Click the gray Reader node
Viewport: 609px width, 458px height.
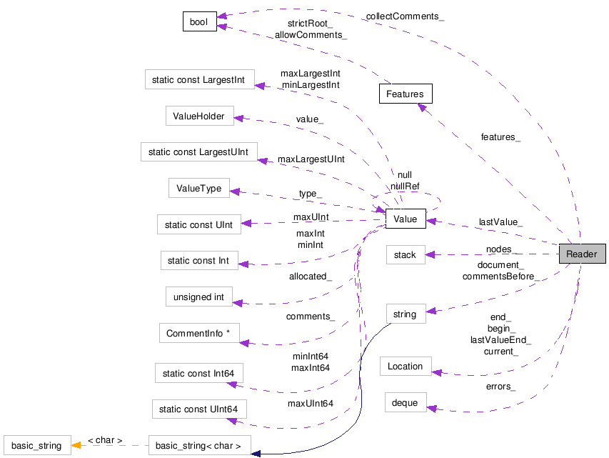[x=582, y=254]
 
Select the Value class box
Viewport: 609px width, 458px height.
[x=405, y=220]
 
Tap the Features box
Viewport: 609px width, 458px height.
[x=405, y=94]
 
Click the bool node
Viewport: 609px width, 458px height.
[x=198, y=22]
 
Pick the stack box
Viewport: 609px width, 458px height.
[x=405, y=254]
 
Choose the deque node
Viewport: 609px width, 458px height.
[x=405, y=402]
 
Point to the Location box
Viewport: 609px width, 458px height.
[x=405, y=366]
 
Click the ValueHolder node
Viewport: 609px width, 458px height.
[x=198, y=116]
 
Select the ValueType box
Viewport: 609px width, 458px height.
[x=198, y=189]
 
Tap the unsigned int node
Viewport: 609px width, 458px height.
[x=198, y=297]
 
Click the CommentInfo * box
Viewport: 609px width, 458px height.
[x=198, y=333]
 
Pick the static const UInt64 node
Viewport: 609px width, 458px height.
[x=199, y=409]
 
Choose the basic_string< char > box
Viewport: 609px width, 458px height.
[x=198, y=446]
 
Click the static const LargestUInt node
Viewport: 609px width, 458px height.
[x=198, y=151]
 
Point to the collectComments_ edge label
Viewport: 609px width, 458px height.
[x=405, y=16]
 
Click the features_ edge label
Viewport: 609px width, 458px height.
[x=500, y=136]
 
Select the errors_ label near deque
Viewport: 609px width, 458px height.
[x=500, y=387]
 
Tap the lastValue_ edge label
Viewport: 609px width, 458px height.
[x=500, y=222]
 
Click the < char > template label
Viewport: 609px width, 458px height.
[x=105, y=440]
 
